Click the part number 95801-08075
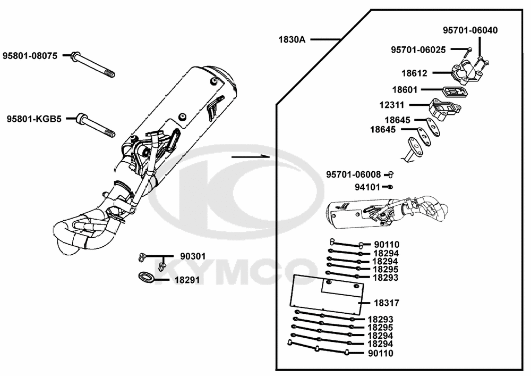click(x=30, y=55)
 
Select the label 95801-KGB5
click(x=34, y=119)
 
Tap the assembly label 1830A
click(x=292, y=39)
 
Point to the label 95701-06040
click(x=471, y=30)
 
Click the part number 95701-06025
click(x=418, y=49)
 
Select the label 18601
click(x=405, y=90)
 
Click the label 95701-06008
click(x=353, y=174)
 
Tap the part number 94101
click(x=367, y=187)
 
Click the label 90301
click(x=193, y=256)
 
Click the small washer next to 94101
click(x=390, y=187)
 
